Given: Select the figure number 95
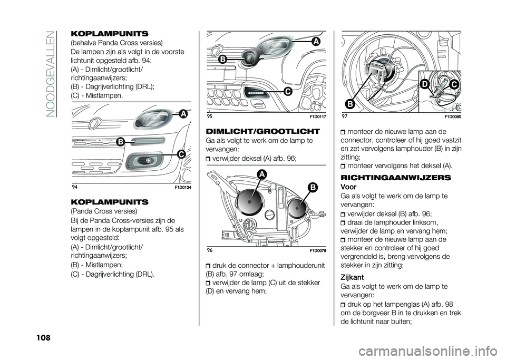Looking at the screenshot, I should click(x=210, y=115).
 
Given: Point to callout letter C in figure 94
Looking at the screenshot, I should click(x=181, y=154).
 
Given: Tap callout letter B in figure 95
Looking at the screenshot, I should click(x=222, y=60).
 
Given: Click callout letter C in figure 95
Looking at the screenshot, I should click(x=288, y=92).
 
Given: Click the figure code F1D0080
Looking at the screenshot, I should click(x=451, y=115).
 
